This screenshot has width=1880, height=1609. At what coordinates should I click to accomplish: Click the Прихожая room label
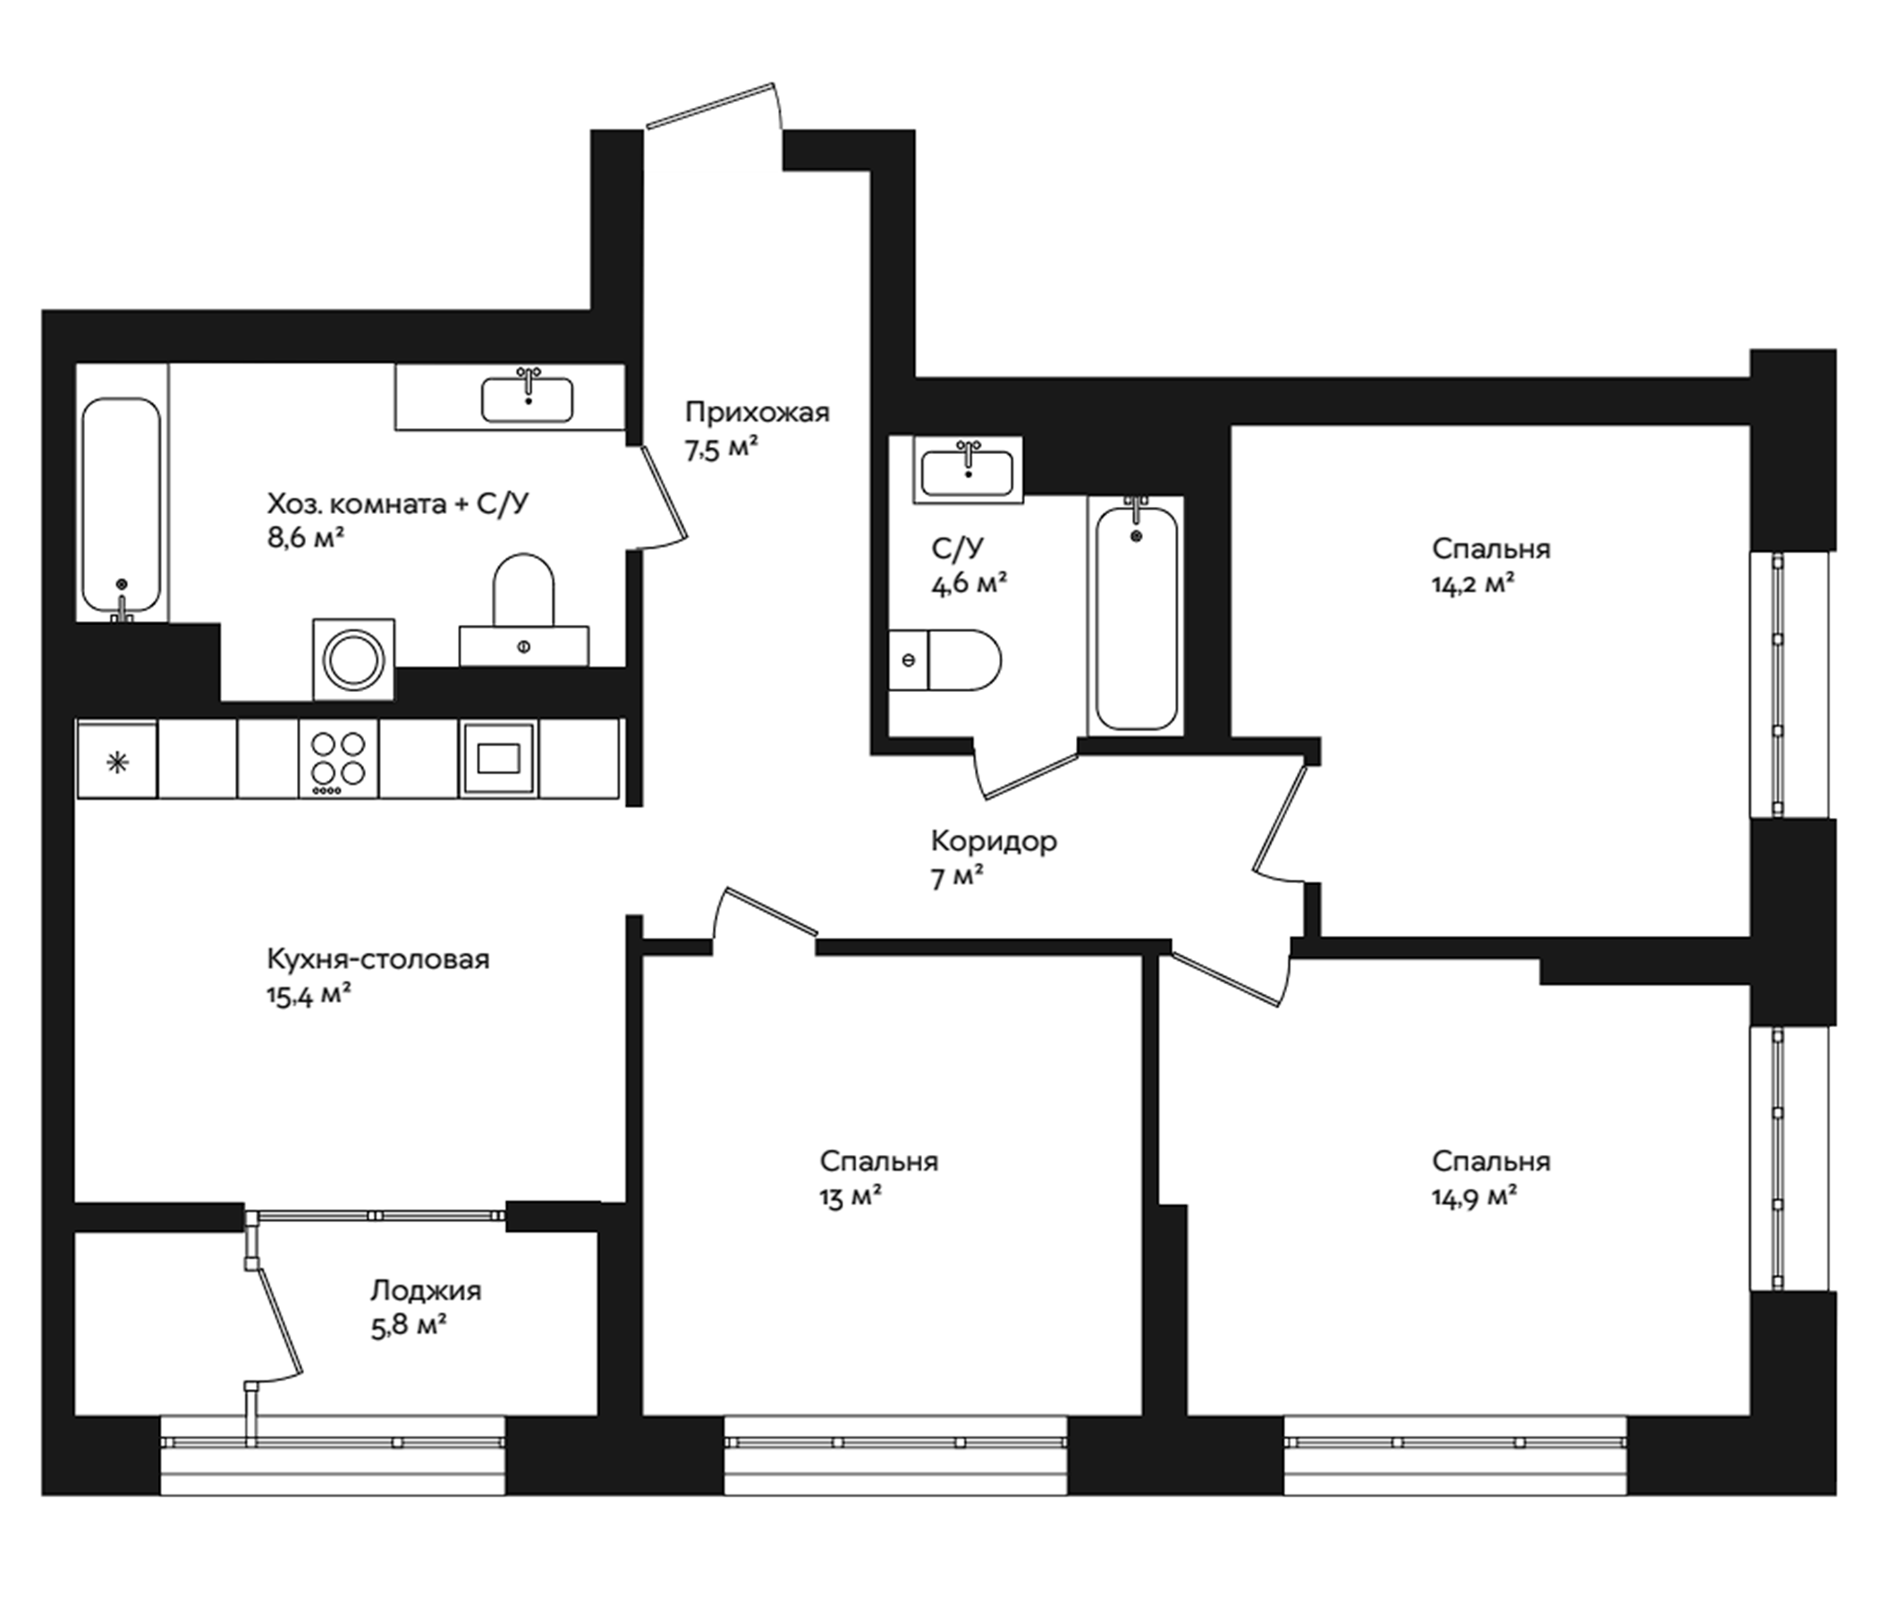point(757,413)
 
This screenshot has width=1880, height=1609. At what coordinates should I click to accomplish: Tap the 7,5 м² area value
point(722,450)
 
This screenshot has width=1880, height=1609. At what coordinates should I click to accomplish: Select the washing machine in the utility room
point(354,660)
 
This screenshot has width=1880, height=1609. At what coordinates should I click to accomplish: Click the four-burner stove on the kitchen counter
point(338,758)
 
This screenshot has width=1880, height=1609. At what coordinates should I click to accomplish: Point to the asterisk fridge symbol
point(117,762)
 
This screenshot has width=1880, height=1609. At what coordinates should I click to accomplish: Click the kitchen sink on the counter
point(498,758)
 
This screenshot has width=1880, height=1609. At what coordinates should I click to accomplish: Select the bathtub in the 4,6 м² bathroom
point(1136,617)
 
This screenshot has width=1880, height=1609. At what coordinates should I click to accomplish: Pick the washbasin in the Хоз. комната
point(527,399)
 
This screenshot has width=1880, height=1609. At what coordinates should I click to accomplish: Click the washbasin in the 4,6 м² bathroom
point(967,473)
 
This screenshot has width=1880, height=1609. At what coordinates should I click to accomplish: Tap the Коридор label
point(994,841)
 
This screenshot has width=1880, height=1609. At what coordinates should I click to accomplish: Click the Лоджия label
point(426,1290)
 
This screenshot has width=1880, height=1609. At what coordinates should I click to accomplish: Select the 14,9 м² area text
point(1475,1197)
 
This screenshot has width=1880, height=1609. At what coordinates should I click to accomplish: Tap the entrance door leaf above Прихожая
point(710,105)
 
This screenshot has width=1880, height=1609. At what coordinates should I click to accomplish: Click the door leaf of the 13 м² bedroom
point(771,911)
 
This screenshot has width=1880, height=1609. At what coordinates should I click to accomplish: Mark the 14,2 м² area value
point(1474,585)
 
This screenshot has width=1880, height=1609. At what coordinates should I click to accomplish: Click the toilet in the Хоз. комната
point(523,603)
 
